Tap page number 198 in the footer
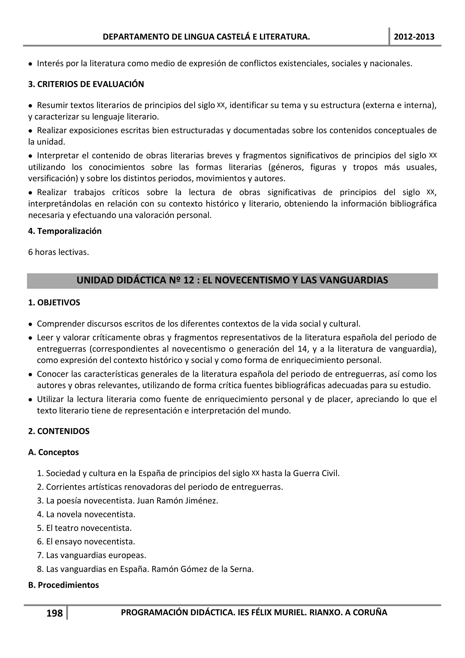coord(54,613)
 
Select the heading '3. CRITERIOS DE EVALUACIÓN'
coord(86,84)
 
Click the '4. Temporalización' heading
coord(65,231)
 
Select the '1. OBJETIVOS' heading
coord(54,303)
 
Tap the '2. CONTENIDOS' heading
coord(59,431)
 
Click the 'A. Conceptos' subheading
coord(53,452)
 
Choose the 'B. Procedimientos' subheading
coord(63,585)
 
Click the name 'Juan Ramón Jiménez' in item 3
coord(177,501)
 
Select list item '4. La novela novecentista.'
coord(86,514)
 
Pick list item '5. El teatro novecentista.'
coord(84,528)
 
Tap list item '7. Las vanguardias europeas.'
coord(92,555)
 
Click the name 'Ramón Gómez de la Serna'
coord(202,569)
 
